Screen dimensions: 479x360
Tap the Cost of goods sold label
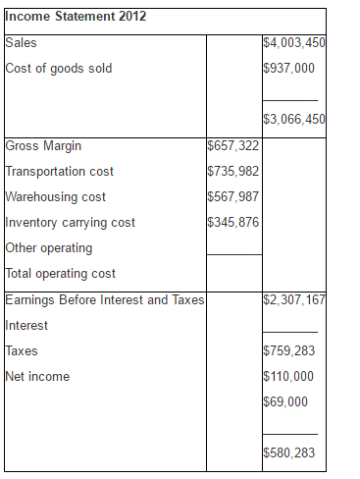point(59,69)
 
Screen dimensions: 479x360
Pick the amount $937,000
point(289,69)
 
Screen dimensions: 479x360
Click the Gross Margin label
point(44,146)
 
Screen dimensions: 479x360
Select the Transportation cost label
point(60,172)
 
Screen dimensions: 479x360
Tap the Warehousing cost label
point(56,197)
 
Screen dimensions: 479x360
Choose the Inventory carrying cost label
point(71,223)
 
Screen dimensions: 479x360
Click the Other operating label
point(49,248)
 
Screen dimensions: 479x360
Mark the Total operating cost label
point(61,274)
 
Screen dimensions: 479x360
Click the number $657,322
point(233,146)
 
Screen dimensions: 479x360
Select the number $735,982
point(233,172)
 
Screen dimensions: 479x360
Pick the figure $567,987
point(233,197)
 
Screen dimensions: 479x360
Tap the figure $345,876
point(233,223)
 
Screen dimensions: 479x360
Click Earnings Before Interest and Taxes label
point(104,299)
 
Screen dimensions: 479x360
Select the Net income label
point(37,376)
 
